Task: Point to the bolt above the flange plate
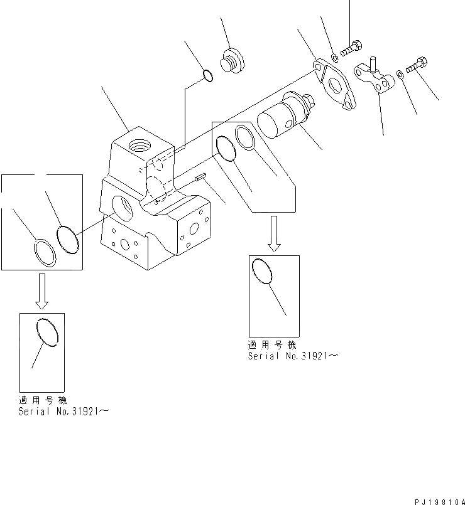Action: tap(351, 48)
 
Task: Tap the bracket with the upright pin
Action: tap(375, 78)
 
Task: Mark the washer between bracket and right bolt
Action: tap(400, 76)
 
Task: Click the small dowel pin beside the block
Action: tap(200, 179)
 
